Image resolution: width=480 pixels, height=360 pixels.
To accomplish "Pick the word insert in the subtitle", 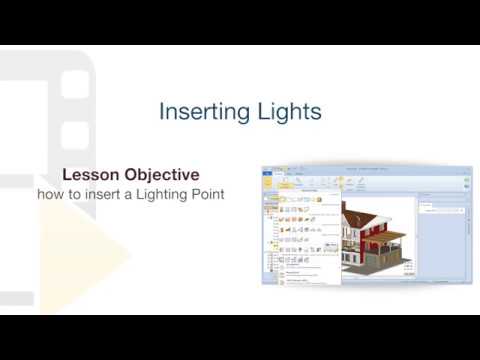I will pyautogui.click(x=107, y=193).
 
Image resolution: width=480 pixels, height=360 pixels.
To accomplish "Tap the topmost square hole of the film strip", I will pyautogui.click(x=76, y=84).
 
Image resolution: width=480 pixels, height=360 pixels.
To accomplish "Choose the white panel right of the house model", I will pyautogui.click(x=441, y=240).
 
